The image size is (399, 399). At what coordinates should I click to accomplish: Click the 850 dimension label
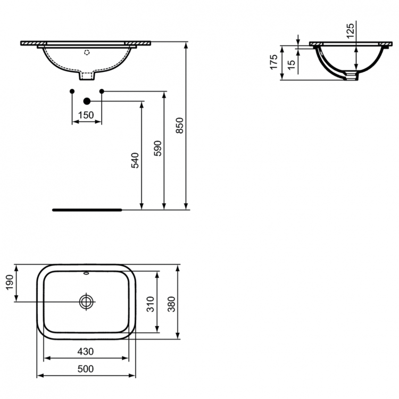pyautogui.click(x=180, y=126)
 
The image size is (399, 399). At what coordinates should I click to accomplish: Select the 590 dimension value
pyautogui.click(x=157, y=148)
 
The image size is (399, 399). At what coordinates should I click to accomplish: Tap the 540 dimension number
pyautogui.click(x=135, y=160)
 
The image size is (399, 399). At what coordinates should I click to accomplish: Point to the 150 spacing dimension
pyautogui.click(x=86, y=115)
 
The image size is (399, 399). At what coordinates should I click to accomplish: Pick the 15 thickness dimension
pyautogui.click(x=290, y=64)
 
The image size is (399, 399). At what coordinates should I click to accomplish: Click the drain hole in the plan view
pyautogui.click(x=86, y=302)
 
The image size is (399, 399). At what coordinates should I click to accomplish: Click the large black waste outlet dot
pyautogui.click(x=87, y=101)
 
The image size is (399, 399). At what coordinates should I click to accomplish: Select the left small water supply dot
pyautogui.click(x=72, y=92)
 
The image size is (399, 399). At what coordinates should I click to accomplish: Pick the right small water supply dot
pyautogui.click(x=102, y=92)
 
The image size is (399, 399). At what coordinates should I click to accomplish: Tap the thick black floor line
pyautogui.click(x=88, y=210)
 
